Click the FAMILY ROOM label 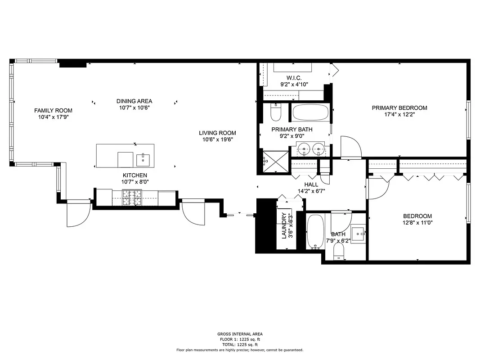click(x=53, y=110)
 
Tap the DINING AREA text click(x=134, y=101)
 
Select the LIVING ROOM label click(x=217, y=133)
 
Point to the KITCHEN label click(x=135, y=175)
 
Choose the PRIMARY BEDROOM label click(x=399, y=108)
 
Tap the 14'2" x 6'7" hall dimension click(x=311, y=191)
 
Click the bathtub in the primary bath click(x=310, y=112)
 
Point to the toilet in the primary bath click(x=275, y=112)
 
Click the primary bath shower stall click(x=275, y=161)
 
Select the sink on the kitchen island click(x=144, y=158)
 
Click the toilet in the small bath click(x=339, y=255)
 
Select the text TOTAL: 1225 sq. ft click(x=239, y=344)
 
